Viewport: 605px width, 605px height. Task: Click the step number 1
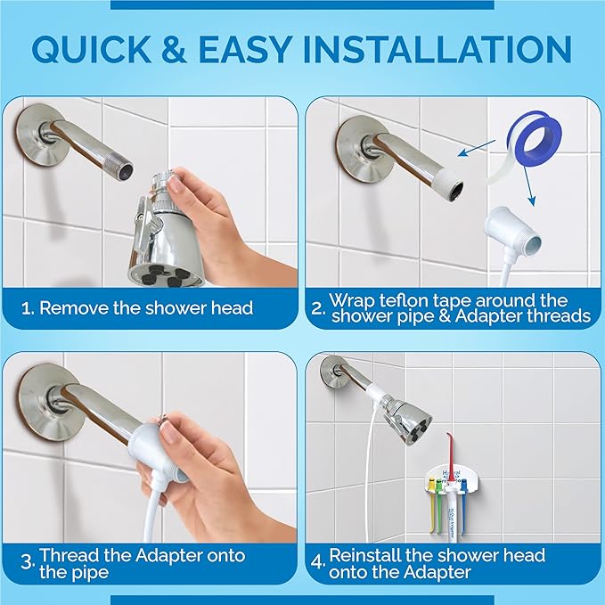(x=27, y=309)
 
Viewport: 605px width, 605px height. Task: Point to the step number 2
(x=316, y=308)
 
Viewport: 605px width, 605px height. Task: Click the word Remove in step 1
(x=72, y=309)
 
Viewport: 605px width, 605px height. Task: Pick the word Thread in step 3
(x=68, y=555)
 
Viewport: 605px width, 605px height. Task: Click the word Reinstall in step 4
(x=365, y=555)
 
